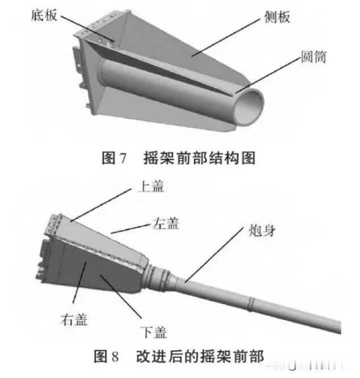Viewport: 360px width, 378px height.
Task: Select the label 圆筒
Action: point(313,57)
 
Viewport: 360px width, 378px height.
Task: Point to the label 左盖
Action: point(165,223)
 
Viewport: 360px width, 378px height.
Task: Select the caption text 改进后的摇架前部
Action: point(200,356)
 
